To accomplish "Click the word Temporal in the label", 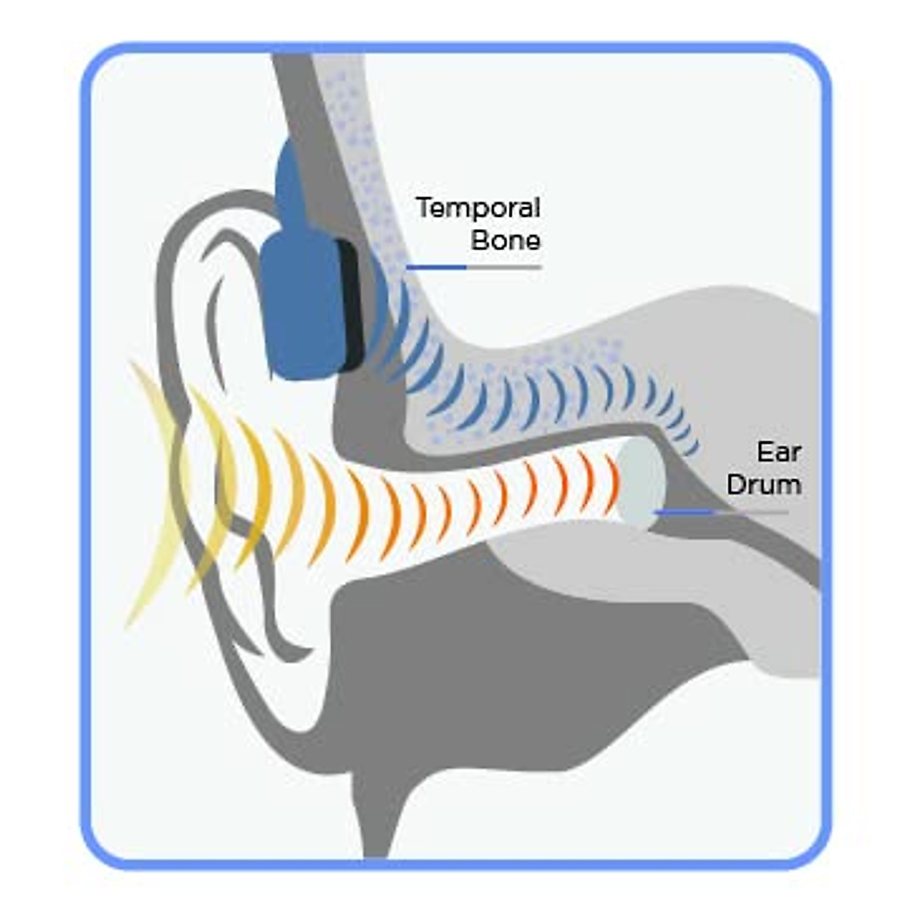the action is (478, 208).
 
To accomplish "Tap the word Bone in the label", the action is (506, 240).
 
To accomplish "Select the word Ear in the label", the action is (779, 452).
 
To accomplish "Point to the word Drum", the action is (763, 484).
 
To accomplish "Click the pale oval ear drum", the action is (641, 484).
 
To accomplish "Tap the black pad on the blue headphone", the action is (351, 306).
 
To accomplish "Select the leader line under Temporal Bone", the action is (473, 267).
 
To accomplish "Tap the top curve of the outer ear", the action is (219, 200).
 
